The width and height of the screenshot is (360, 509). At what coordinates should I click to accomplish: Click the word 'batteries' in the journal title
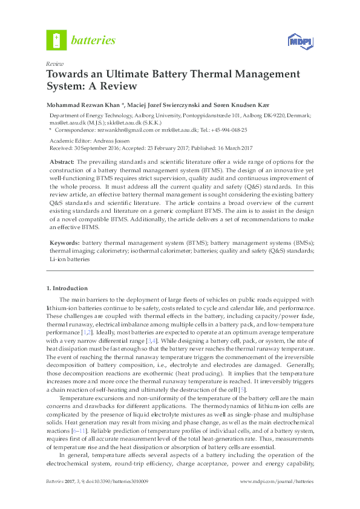point(94,41)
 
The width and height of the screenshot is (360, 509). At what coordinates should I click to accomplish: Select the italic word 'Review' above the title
point(55,63)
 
